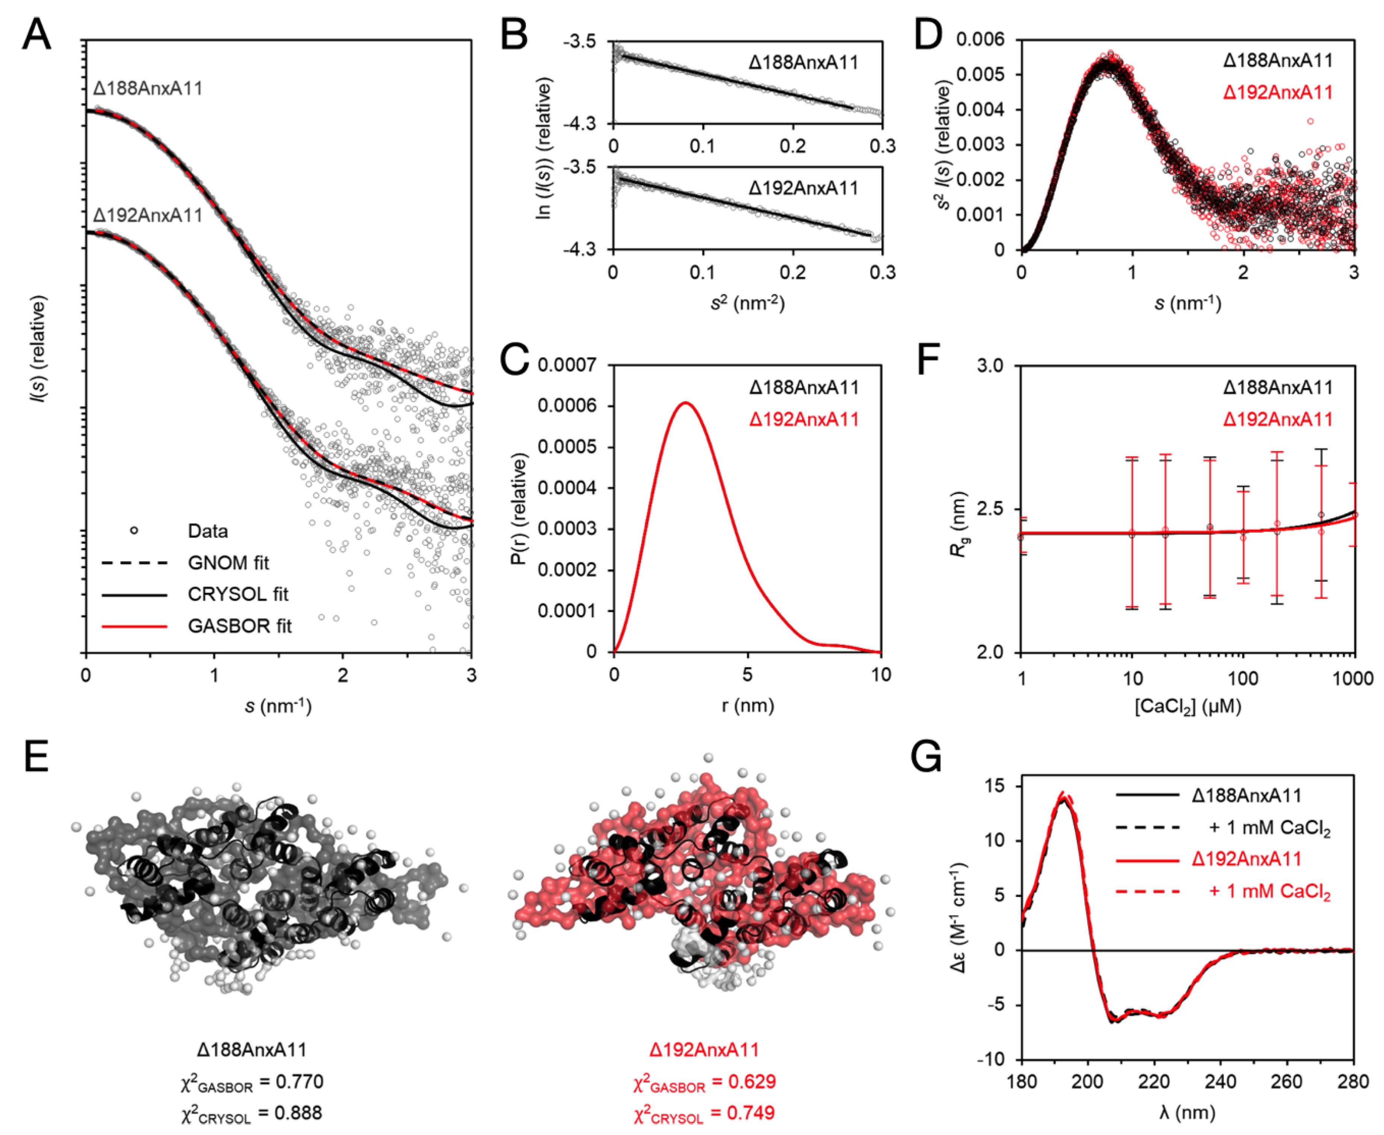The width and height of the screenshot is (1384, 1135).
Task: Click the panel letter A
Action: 36,34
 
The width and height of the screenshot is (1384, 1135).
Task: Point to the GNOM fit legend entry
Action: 228,563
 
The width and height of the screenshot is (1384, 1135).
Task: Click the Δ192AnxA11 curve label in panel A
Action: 148,216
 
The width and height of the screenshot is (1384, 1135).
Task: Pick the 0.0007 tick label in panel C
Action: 567,365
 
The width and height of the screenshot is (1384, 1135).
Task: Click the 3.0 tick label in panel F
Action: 990,365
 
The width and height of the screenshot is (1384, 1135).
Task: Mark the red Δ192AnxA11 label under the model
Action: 704,1050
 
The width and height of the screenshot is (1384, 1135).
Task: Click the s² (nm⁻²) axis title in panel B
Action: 747,303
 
